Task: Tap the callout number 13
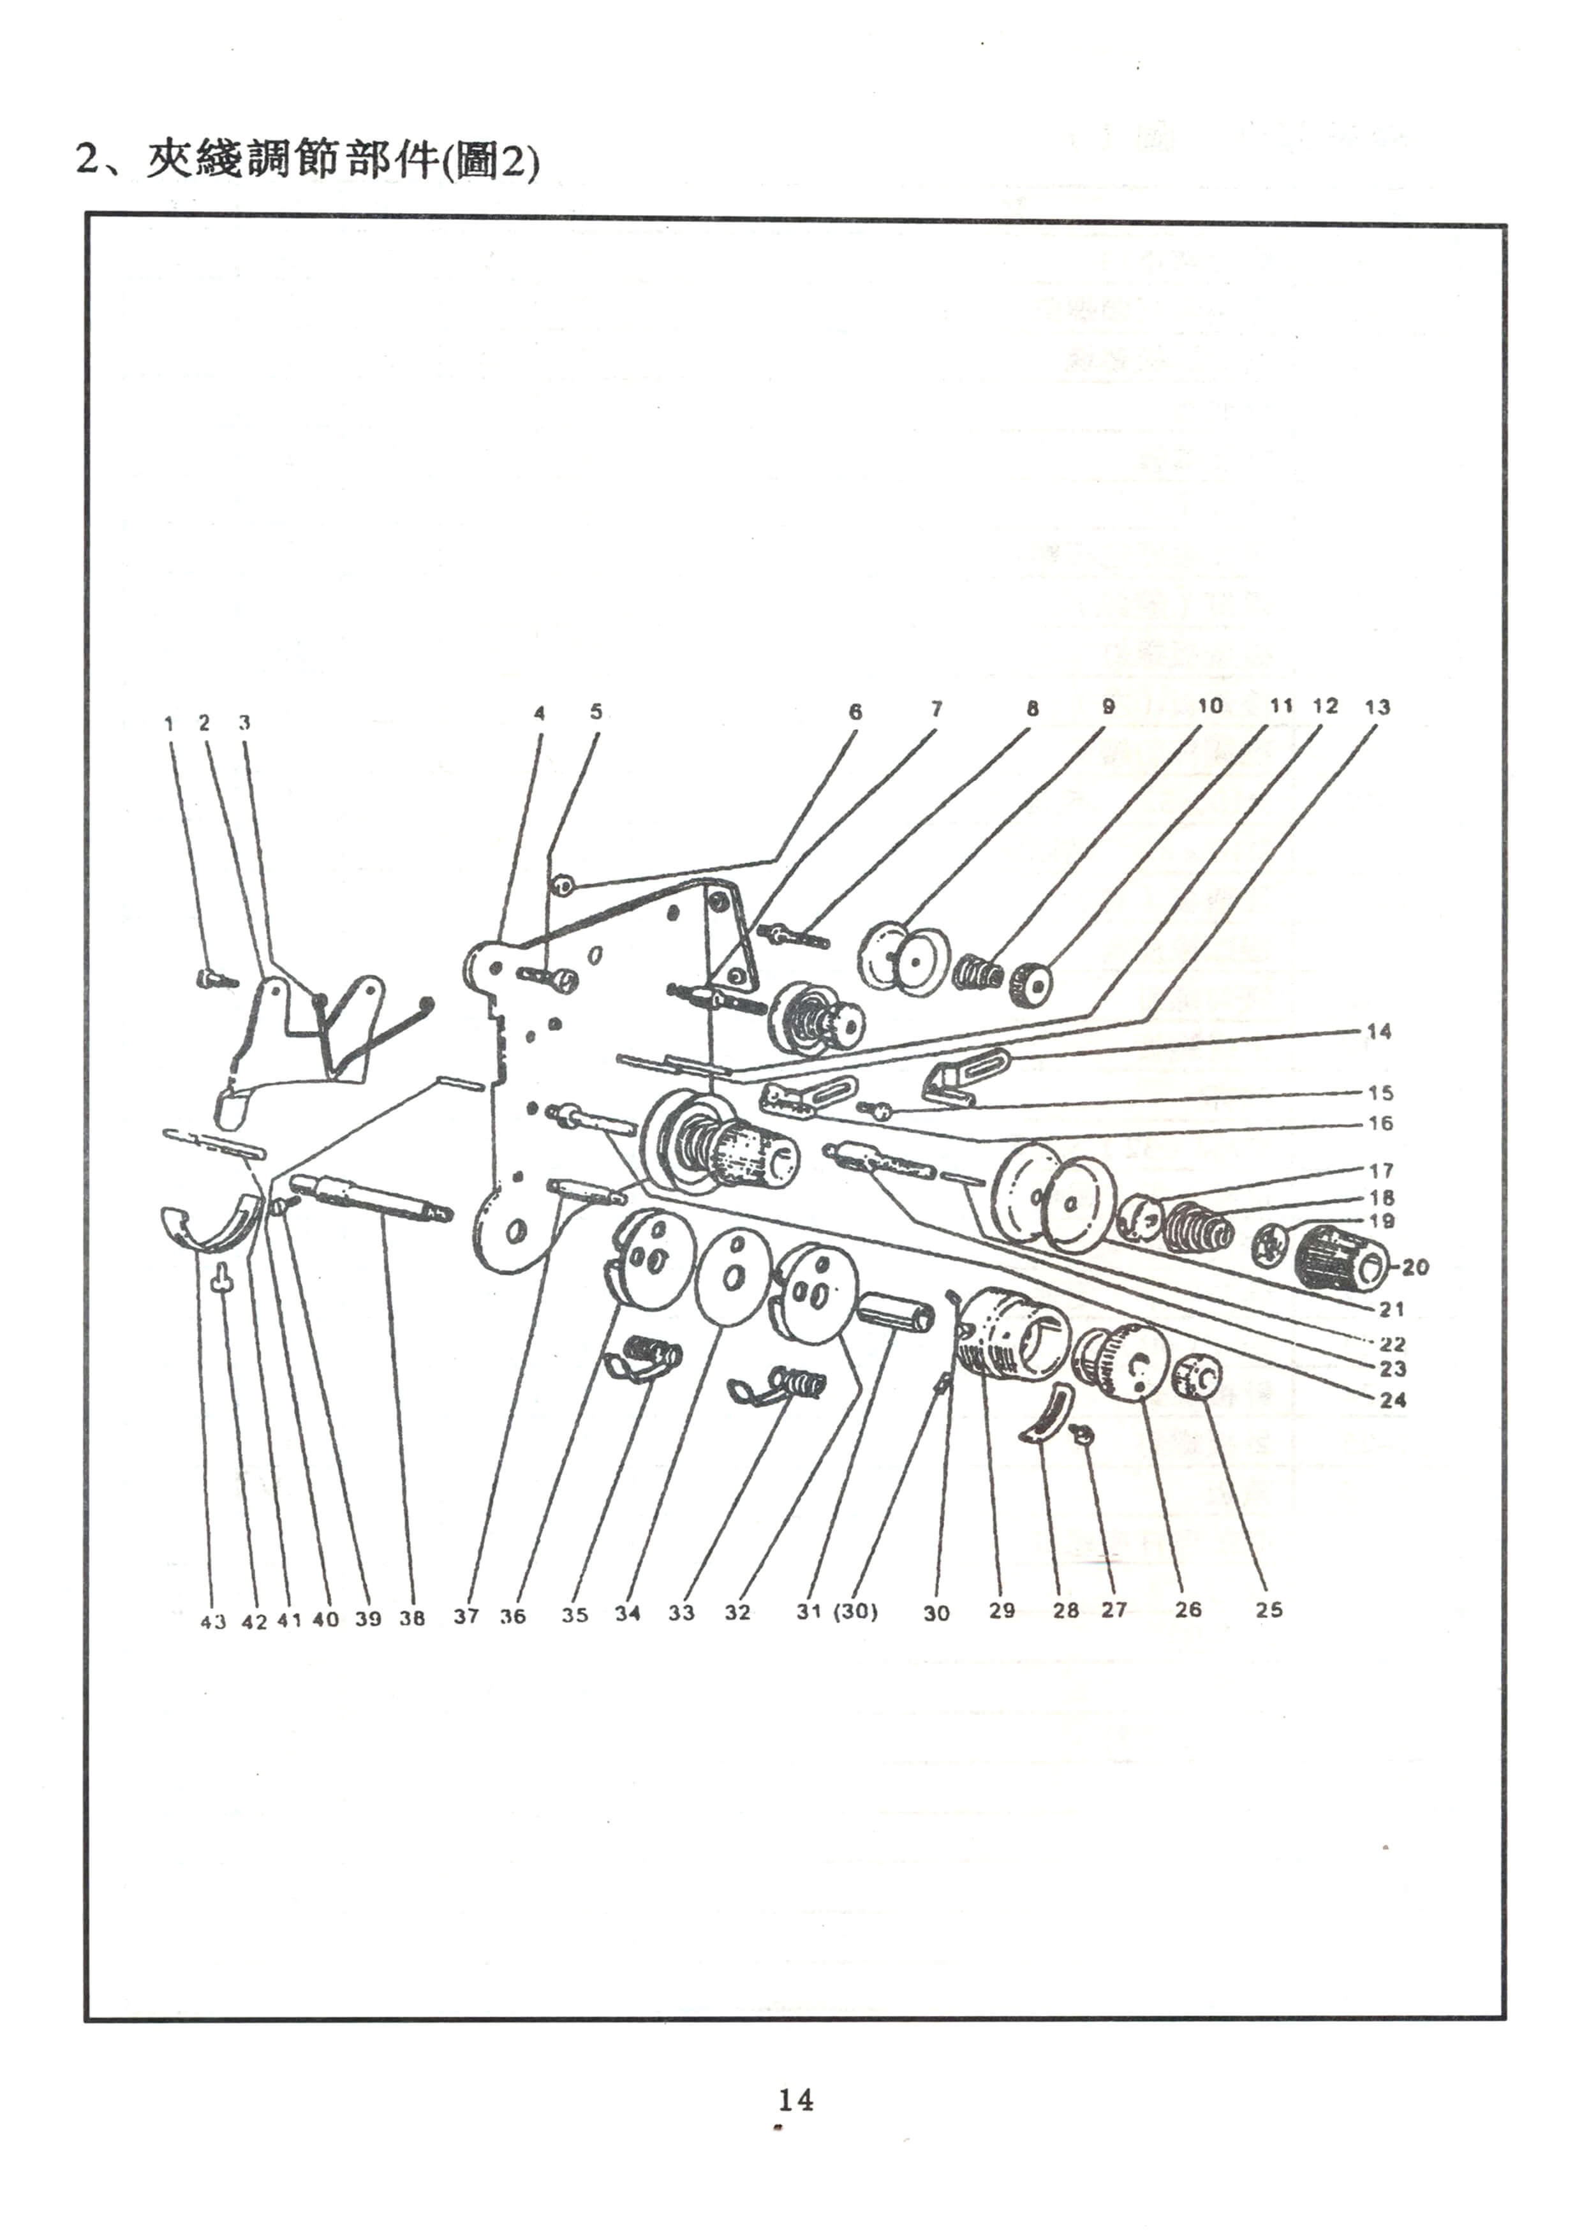[1377, 707]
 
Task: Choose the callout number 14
[1379, 1031]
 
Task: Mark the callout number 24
[1394, 1400]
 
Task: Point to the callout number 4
[539, 713]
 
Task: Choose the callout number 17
[1381, 1171]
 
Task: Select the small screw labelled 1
[216, 979]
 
